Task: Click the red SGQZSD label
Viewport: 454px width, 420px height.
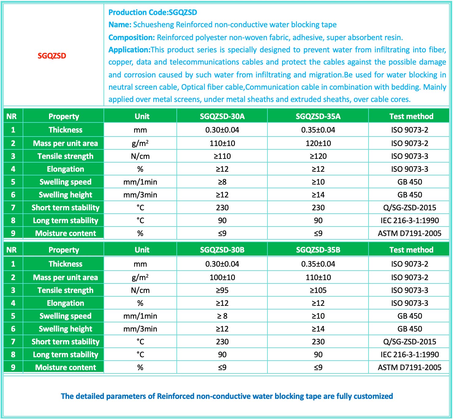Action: pos(52,56)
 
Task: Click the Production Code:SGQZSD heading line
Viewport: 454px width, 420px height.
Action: pos(153,12)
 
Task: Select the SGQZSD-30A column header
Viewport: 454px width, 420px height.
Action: pos(222,116)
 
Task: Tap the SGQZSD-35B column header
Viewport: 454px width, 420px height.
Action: pos(318,250)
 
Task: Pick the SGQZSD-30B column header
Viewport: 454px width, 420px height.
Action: pos(222,250)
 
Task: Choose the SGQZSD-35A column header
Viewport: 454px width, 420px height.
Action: pos(318,116)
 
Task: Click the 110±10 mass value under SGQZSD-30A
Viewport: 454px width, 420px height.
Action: pos(222,143)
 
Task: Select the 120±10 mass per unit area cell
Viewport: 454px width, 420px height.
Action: pos(318,143)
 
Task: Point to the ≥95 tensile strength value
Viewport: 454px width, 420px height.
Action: pos(222,290)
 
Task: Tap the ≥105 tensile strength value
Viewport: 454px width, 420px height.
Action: pos(318,290)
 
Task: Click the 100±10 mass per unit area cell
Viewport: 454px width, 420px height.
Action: pos(222,277)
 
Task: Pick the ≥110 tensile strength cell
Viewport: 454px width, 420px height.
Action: pos(222,156)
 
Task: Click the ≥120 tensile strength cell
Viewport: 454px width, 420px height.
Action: pos(318,156)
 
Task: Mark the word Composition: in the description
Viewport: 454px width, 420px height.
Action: pos(131,37)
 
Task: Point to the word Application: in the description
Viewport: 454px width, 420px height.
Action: pos(129,50)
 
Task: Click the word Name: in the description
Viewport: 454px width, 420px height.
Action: pos(120,24)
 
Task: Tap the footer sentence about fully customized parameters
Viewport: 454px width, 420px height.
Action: pos(227,396)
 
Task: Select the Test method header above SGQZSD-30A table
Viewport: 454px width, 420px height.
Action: pos(411,116)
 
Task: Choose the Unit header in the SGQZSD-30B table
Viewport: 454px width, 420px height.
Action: pos(142,250)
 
